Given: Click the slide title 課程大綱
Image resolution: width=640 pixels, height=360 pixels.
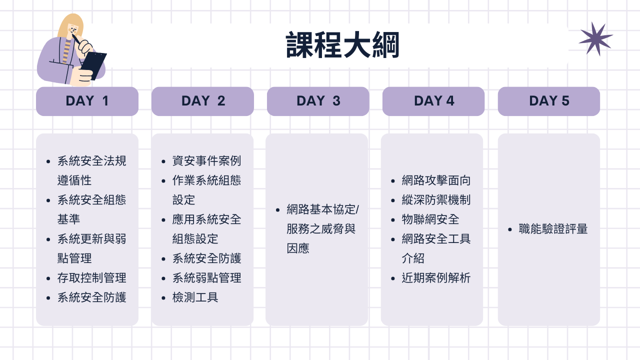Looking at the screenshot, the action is (342, 45).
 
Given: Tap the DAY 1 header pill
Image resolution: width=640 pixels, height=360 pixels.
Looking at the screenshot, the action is (87, 101).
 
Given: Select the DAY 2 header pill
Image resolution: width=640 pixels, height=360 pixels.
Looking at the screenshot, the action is (202, 101).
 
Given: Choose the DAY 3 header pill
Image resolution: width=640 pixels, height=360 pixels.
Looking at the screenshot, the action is (318, 101).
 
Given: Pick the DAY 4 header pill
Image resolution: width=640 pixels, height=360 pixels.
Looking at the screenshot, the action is (433, 101).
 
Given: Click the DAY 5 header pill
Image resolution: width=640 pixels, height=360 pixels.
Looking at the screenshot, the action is (549, 101).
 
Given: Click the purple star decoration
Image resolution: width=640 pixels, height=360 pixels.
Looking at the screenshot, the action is (595, 39).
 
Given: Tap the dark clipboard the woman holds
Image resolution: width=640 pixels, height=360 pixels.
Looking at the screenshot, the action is (93, 65).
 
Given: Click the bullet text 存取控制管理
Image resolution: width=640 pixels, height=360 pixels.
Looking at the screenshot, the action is (91, 278).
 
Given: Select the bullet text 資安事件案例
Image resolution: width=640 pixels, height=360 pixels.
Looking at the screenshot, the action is (206, 161).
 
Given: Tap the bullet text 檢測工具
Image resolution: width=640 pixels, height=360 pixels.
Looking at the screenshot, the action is (195, 297).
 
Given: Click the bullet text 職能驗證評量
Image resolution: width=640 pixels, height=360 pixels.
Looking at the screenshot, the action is (553, 229).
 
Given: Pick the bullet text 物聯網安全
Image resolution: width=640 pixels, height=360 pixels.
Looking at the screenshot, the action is (430, 219).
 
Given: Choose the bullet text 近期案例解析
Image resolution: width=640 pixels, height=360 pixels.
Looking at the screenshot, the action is (436, 278).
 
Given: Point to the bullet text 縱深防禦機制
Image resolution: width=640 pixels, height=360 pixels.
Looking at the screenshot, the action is (436, 200).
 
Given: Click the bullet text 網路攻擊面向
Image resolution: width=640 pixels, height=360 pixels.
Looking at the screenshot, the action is (436, 180).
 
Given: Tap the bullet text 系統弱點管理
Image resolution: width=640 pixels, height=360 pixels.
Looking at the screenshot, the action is (206, 278).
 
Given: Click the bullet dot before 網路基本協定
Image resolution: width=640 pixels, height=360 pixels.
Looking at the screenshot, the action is (277, 210).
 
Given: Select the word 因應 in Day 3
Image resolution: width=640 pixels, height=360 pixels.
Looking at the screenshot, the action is (298, 248).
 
